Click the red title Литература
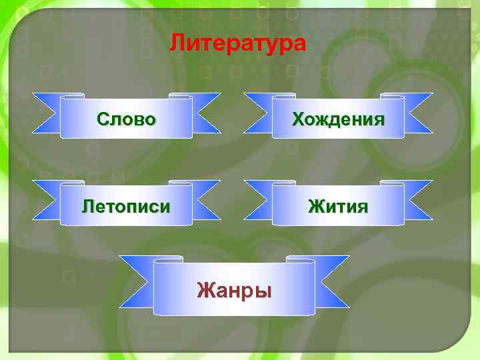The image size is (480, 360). click(237, 43)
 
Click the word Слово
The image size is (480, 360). click(126, 119)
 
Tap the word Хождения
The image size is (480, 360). click(338, 119)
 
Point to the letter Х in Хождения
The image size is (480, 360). click(297, 119)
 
